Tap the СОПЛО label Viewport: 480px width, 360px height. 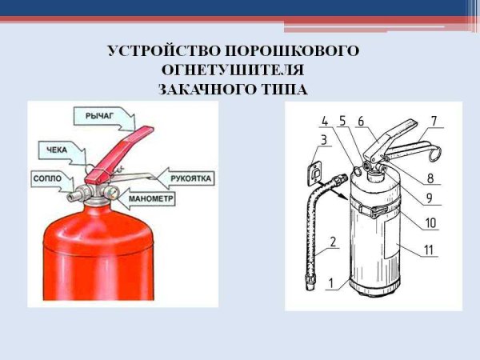pyautogui.click(x=46, y=177)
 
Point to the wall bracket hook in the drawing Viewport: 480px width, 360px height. pyautogui.click(x=315, y=170)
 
